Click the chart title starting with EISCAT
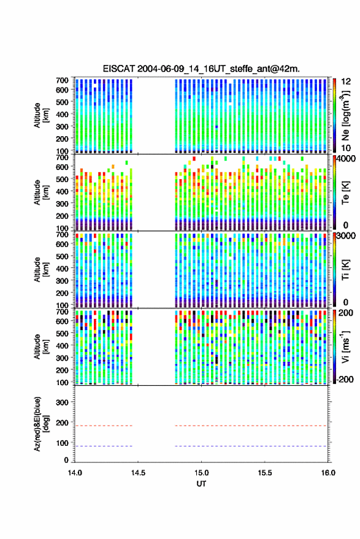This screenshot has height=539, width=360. pos(201,69)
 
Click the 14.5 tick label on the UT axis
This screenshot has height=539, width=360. pos(138,473)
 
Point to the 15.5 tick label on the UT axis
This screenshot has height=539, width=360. pos(265,473)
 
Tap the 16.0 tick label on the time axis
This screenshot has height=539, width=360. pos(328,473)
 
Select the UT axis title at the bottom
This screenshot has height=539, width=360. pos(201,484)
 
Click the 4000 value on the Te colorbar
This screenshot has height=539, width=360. pos(347,159)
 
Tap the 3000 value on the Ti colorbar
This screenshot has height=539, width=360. pos(347,236)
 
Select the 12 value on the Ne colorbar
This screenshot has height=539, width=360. pos(346,82)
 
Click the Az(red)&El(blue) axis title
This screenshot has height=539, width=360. pos(41,424)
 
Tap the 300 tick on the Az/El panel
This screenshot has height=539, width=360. pos(62,402)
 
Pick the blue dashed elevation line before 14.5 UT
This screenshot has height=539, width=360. pos(104,446)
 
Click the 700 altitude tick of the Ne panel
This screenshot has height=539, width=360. pos(62,80)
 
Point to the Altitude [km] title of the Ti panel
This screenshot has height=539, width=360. pos(41,270)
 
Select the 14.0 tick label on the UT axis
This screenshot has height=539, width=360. pos(75,473)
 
